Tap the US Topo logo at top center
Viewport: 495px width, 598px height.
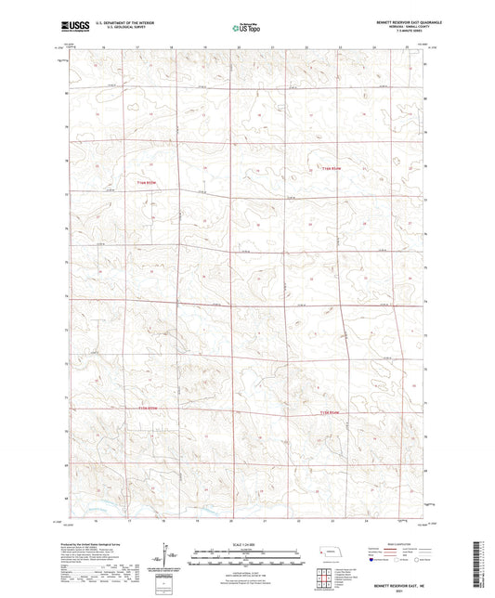click(x=246, y=29)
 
